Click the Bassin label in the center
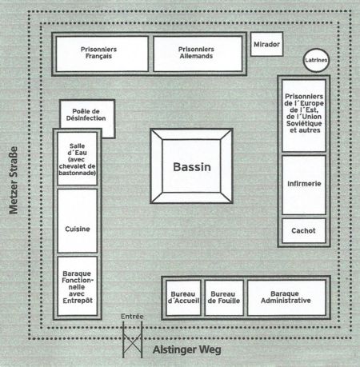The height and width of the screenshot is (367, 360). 192,167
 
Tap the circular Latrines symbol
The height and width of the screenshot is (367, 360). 316,60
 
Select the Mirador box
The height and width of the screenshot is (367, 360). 266,44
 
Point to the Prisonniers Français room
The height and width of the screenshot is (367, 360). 102,54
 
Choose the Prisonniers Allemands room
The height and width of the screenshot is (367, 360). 198,54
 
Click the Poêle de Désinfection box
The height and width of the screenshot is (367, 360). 87,114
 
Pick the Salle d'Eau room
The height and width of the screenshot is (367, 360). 77,158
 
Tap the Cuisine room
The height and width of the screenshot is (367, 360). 77,221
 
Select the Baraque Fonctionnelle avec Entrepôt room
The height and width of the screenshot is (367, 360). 77,286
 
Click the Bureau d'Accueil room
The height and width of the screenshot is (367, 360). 183,297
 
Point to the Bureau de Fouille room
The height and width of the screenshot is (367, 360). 224,297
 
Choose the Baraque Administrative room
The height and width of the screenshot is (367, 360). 286,297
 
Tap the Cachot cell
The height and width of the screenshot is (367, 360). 304,230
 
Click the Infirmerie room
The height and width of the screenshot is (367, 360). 304,185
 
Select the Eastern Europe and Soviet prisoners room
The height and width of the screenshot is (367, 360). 304,116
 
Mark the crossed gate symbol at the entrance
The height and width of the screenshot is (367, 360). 132,340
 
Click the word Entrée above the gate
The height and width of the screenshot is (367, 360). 132,317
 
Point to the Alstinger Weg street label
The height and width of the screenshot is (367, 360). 187,349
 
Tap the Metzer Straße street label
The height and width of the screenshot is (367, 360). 14,181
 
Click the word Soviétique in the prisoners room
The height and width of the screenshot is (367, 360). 304,123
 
